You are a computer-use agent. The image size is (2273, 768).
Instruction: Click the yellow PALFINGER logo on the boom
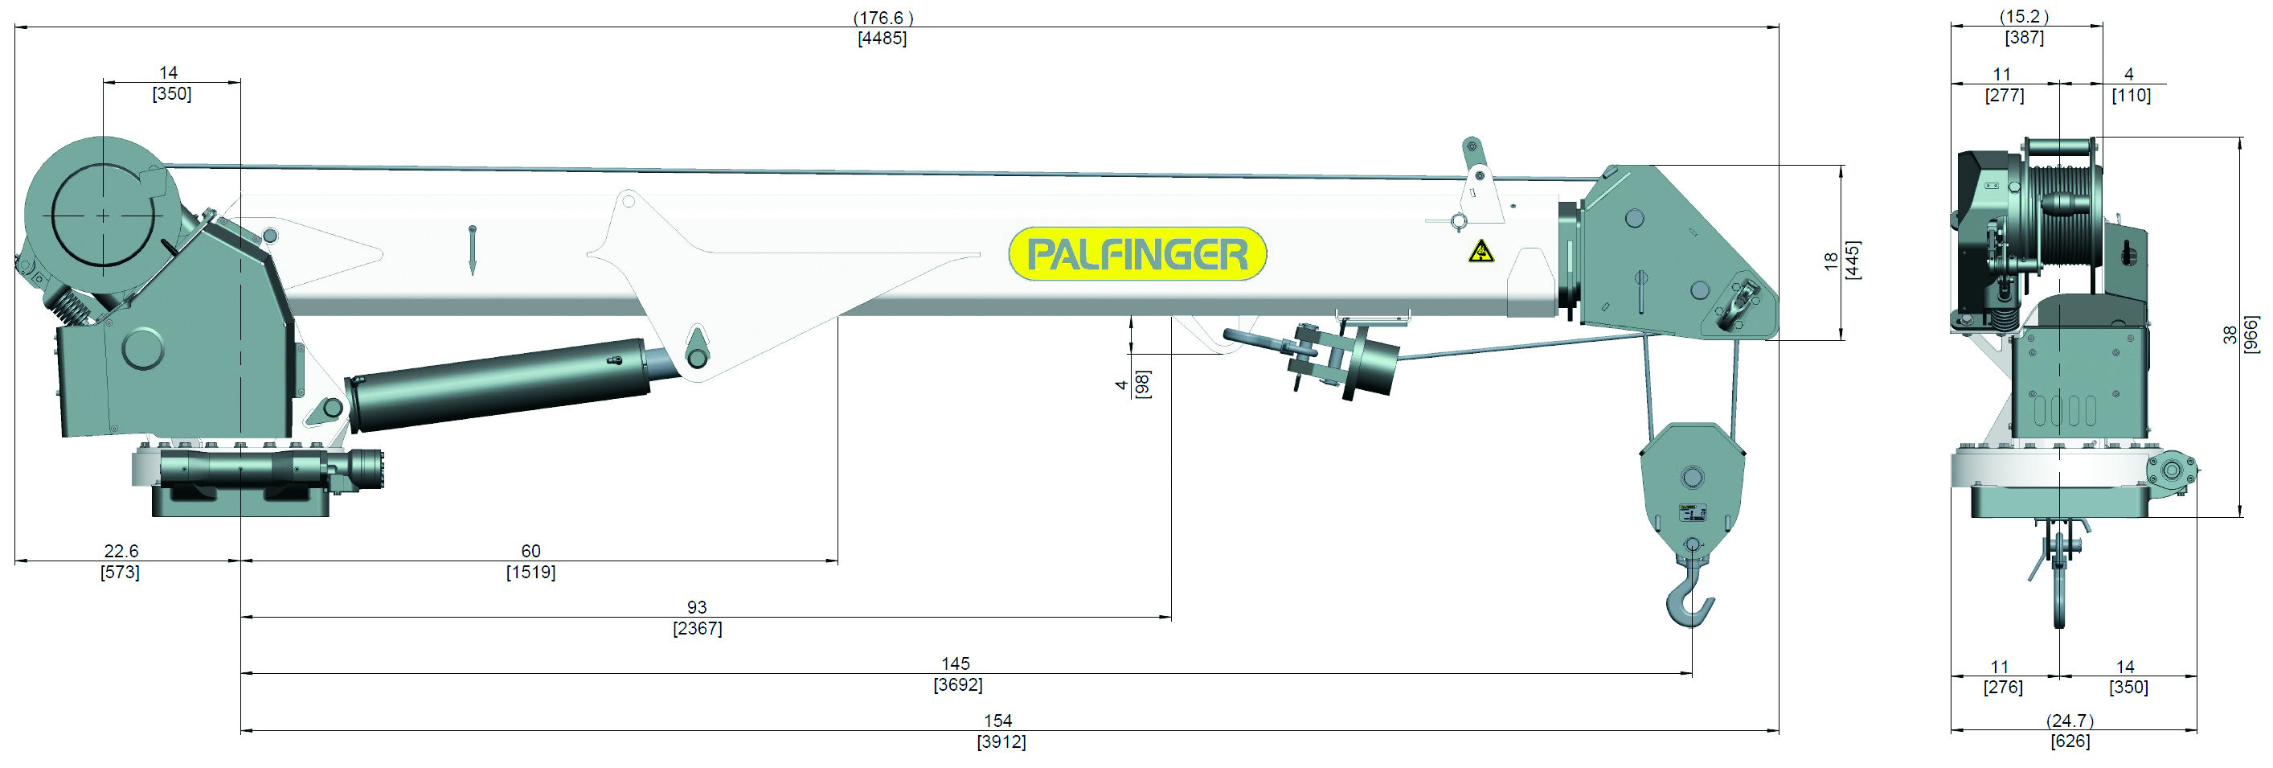(x=1137, y=254)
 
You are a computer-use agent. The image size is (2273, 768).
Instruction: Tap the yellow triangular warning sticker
(x=1481, y=253)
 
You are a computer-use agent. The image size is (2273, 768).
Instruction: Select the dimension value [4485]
(x=882, y=39)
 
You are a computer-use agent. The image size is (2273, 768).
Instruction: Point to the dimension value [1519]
(x=530, y=572)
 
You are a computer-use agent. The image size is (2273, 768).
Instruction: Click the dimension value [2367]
(x=697, y=629)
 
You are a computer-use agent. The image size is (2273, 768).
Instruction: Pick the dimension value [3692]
(x=957, y=685)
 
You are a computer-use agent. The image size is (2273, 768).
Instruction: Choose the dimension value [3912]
(x=1001, y=742)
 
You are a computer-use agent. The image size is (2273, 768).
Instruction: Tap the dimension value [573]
(x=120, y=572)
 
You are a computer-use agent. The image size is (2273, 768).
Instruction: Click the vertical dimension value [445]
(x=1853, y=260)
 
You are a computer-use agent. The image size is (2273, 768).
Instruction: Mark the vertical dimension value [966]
(x=2251, y=335)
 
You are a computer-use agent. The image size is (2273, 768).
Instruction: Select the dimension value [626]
(x=2070, y=741)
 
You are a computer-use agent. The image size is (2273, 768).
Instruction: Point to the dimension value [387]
(x=2024, y=38)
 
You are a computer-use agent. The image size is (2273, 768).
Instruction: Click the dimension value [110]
(x=2131, y=96)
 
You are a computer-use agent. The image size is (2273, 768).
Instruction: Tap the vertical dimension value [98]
(x=1142, y=384)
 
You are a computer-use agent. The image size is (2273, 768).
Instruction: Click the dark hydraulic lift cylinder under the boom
(x=498, y=384)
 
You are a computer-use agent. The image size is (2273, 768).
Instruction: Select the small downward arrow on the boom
(x=472, y=251)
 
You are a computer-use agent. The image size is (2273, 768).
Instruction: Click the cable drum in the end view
(x=2060, y=216)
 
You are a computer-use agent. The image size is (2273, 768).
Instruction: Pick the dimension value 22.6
(x=121, y=551)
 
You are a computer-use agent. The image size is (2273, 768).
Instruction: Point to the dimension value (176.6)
(x=883, y=18)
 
